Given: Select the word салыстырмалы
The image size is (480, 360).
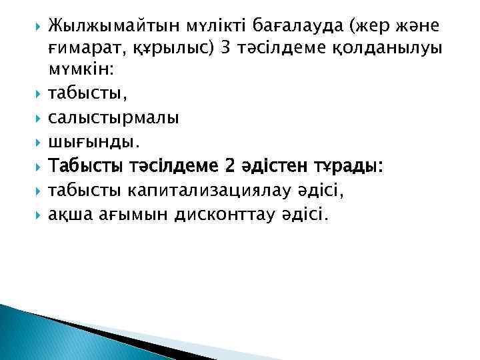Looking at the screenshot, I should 113,118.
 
